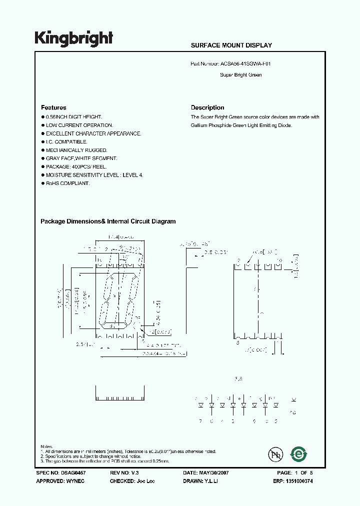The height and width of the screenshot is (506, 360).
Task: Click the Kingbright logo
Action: [x=73, y=38]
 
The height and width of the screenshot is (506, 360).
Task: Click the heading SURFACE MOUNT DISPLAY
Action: [x=231, y=45]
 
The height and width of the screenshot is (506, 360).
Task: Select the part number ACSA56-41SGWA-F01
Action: [x=245, y=64]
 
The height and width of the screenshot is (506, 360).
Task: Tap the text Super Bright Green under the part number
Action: [x=240, y=75]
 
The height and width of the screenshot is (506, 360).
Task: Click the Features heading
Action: [x=53, y=107]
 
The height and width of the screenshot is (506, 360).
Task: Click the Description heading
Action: [x=207, y=107]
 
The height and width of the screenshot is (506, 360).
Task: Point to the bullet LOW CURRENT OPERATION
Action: [x=79, y=125]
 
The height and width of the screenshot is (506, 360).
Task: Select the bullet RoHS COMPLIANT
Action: [x=67, y=183]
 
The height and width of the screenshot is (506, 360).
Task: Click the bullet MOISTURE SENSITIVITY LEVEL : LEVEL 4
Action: [x=94, y=175]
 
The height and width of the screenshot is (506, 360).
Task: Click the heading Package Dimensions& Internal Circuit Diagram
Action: [x=108, y=221]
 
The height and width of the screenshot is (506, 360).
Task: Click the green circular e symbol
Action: [x=299, y=454]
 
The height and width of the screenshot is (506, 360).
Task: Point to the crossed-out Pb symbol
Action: [x=275, y=454]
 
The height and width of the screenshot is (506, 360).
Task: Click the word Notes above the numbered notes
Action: [x=46, y=446]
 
